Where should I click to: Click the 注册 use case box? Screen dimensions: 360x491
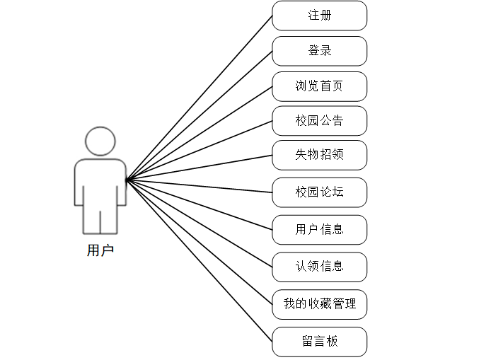click(x=320, y=16)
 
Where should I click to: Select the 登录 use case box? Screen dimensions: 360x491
click(x=320, y=51)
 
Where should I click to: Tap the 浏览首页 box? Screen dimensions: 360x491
click(x=320, y=86)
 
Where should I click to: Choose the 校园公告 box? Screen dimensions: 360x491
click(x=320, y=121)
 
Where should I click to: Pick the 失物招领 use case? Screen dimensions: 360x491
click(x=320, y=155)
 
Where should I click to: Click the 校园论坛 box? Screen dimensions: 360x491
click(x=320, y=192)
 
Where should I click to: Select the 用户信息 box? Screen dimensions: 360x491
click(x=320, y=230)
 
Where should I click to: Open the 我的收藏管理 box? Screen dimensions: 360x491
click(x=320, y=304)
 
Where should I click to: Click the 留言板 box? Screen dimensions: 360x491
click(x=320, y=342)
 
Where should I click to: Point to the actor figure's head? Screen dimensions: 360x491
click(x=100, y=141)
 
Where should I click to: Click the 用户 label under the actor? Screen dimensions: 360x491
click(x=100, y=250)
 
